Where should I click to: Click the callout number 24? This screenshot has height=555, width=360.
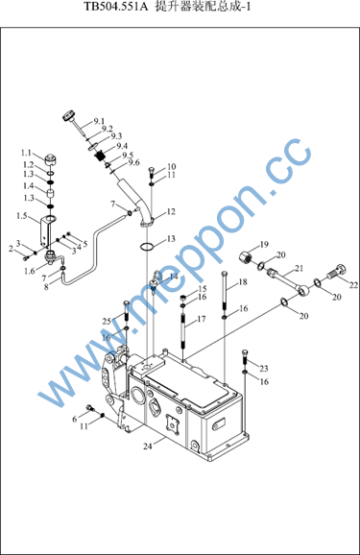[x=148, y=446]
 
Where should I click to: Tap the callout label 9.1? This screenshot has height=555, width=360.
[x=99, y=121]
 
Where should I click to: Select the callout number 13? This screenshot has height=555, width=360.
[x=171, y=239]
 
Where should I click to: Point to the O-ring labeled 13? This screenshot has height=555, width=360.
[x=147, y=247]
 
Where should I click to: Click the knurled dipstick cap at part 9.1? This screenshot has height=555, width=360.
[x=69, y=116]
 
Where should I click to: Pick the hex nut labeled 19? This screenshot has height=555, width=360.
[x=245, y=255]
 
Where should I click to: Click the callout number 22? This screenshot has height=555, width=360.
[x=353, y=285]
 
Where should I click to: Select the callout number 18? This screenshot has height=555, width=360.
[x=243, y=282]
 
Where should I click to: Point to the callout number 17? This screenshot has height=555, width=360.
[x=201, y=319]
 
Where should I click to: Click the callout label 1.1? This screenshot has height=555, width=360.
[x=26, y=153]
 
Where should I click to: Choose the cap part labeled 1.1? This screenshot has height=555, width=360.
[x=50, y=160]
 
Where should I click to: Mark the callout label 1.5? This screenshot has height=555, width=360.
[x=21, y=215]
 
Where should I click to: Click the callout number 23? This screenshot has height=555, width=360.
[x=264, y=369]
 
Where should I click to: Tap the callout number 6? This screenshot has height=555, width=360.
[x=74, y=420]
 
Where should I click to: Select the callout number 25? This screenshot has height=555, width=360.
[x=107, y=322]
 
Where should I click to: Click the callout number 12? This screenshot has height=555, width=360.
[x=171, y=211]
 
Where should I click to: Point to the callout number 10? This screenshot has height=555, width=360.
[x=171, y=166]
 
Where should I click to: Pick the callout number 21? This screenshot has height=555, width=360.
[x=300, y=269]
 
